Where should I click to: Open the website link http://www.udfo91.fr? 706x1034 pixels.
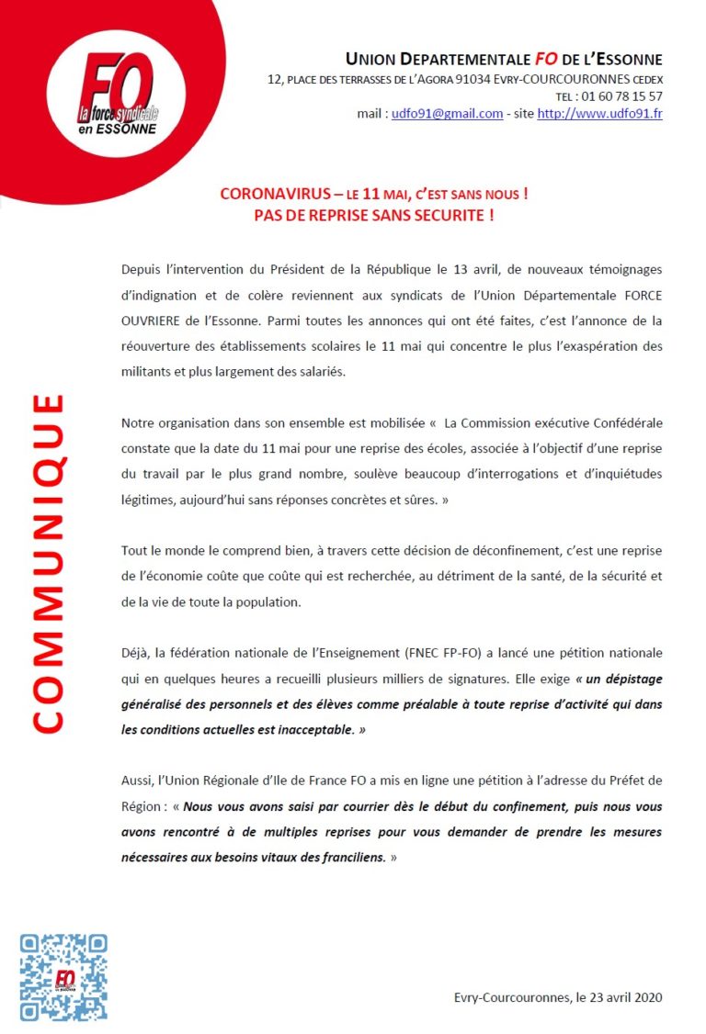(x=599, y=114)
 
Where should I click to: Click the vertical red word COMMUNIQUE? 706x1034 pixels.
(x=48, y=563)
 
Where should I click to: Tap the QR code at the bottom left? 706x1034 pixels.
(x=63, y=976)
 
